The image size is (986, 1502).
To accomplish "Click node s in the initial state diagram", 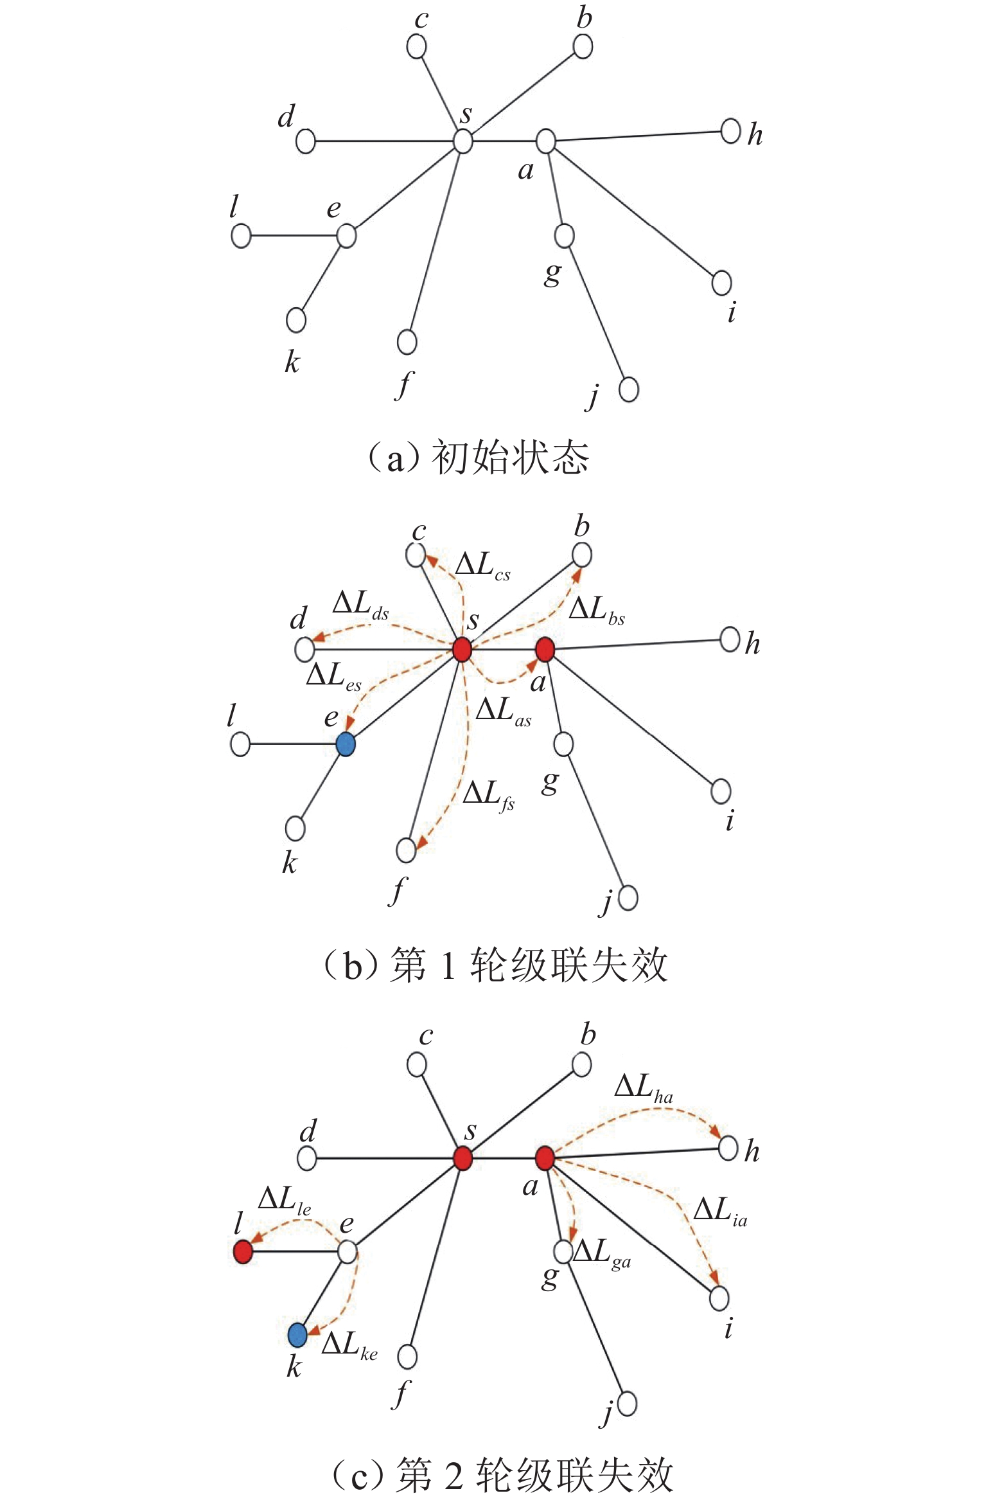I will (x=462, y=141).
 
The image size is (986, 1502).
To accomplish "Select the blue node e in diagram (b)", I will (x=346, y=744).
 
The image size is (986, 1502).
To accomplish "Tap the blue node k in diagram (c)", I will (x=297, y=1335).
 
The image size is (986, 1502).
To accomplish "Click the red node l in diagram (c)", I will (x=242, y=1251).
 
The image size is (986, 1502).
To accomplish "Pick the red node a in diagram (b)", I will (x=545, y=649).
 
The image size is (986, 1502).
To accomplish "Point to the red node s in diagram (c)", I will (x=462, y=1158).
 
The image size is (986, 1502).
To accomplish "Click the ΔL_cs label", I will (x=482, y=566).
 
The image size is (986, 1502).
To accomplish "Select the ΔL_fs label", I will (x=488, y=794).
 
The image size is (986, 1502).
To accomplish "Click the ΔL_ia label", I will (x=720, y=1211).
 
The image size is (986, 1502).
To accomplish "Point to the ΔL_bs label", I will (x=597, y=609).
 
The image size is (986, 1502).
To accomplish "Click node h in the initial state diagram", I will (x=730, y=131).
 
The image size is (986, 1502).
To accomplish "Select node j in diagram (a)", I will (x=628, y=389).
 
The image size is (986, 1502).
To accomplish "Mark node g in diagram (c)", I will (x=562, y=1251).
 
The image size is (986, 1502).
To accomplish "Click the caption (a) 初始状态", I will (x=478, y=458).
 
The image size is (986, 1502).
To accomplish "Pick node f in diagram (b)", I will (x=406, y=850).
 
